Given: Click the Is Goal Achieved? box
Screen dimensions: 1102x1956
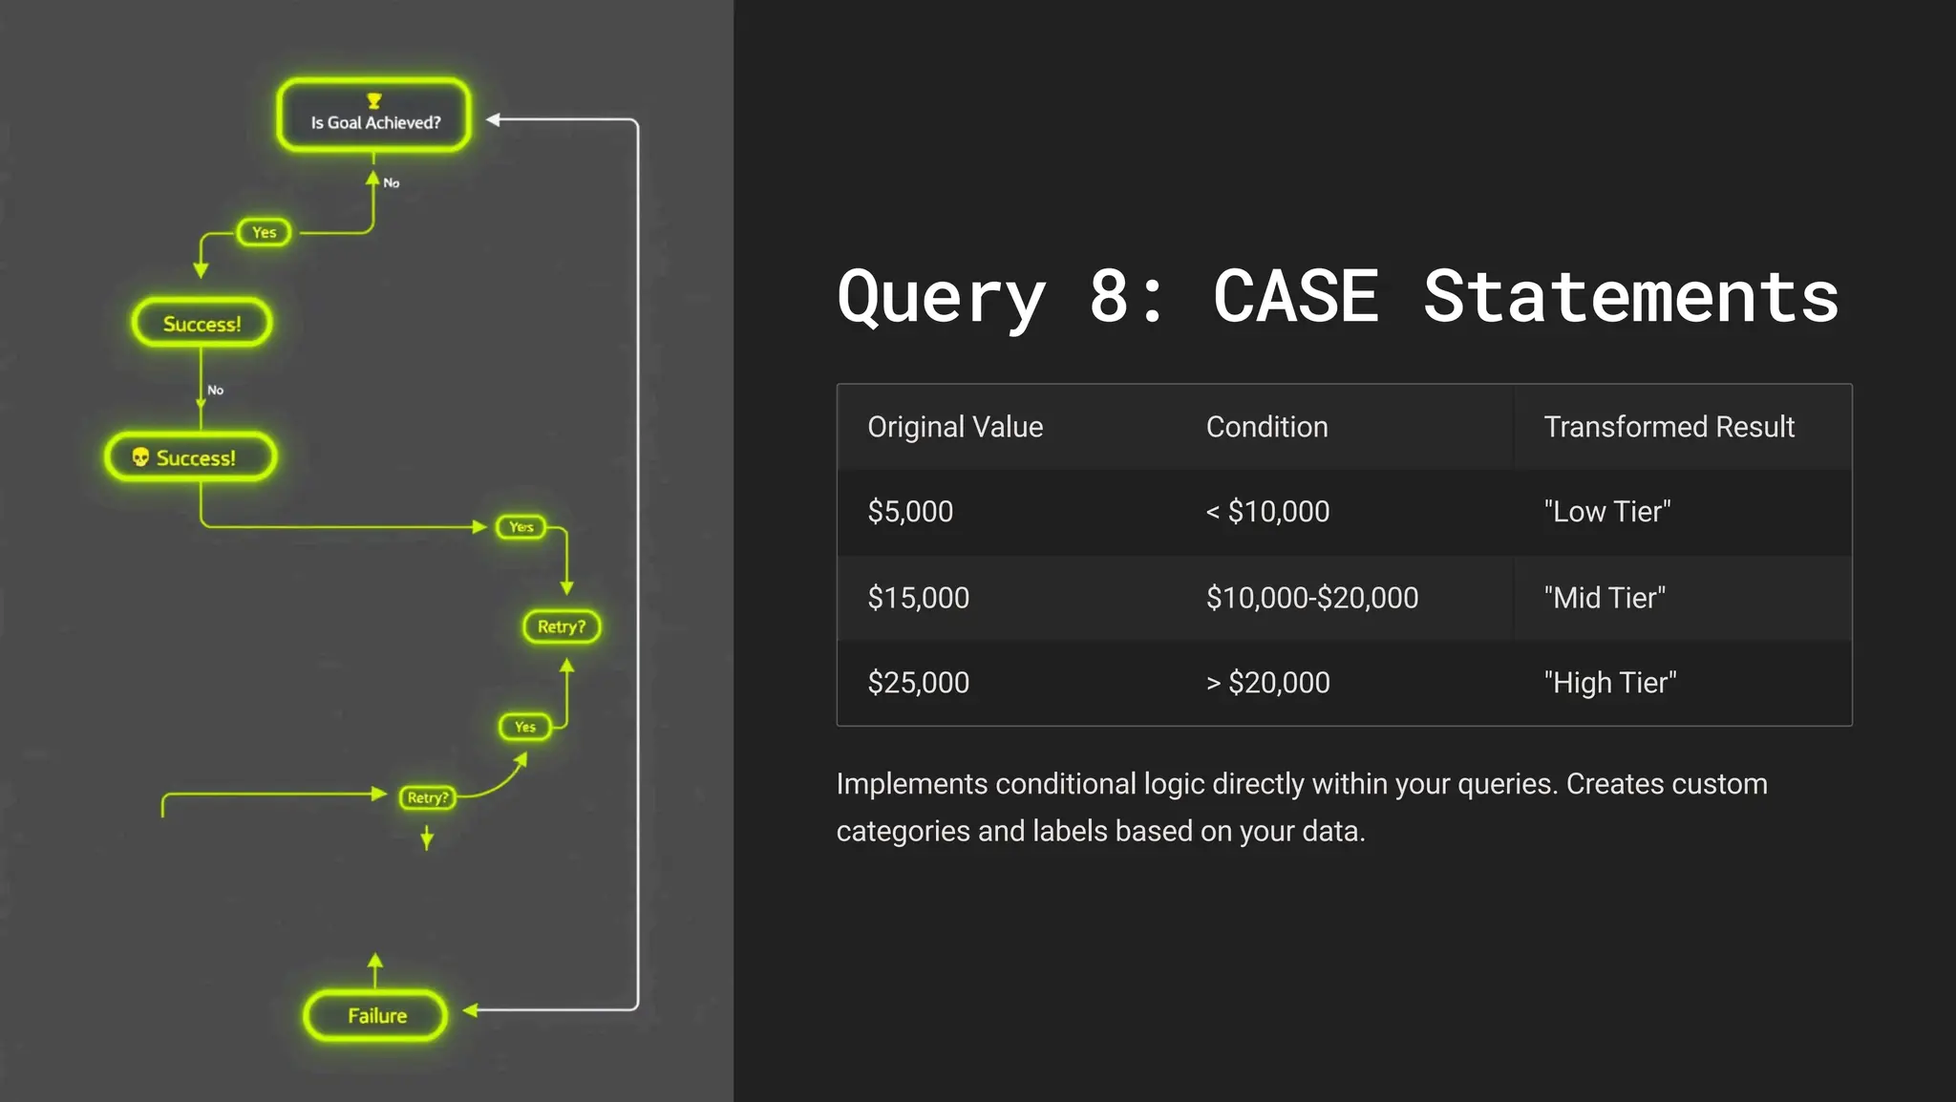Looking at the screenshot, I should coord(374,116).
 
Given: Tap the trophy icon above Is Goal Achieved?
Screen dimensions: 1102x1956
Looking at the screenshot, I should coord(374,100).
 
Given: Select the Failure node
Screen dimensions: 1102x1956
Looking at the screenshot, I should coord(375,1015).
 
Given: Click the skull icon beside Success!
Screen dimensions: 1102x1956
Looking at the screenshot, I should coord(140,457).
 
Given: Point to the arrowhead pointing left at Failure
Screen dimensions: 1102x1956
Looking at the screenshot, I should coord(470,1009).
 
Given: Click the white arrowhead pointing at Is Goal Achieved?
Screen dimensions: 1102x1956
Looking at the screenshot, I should coord(494,119).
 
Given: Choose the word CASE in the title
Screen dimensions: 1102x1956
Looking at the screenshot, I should coord(1295,296).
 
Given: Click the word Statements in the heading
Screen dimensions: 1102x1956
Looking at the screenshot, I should coord(1630,296).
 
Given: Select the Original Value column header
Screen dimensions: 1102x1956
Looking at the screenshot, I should coord(954,427).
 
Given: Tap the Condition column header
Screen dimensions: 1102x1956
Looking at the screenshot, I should coord(1266,427).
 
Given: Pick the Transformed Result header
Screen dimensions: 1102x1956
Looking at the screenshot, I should coord(1669,427).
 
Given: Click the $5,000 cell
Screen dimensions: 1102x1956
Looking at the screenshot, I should coord(910,512).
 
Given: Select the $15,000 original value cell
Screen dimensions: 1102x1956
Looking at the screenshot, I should coord(918,598).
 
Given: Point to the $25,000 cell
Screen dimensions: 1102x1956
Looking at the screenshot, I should coord(918,683).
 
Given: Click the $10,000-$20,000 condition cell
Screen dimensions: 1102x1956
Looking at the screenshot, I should coord(1311,598).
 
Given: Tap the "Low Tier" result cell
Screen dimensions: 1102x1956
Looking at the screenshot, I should coord(1606,512).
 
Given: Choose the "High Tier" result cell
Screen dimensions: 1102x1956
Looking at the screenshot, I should coord(1609,683).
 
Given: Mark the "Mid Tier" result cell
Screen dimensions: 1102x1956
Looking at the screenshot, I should coord(1605,598).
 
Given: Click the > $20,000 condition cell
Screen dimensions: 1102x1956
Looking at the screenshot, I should coord(1267,683).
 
